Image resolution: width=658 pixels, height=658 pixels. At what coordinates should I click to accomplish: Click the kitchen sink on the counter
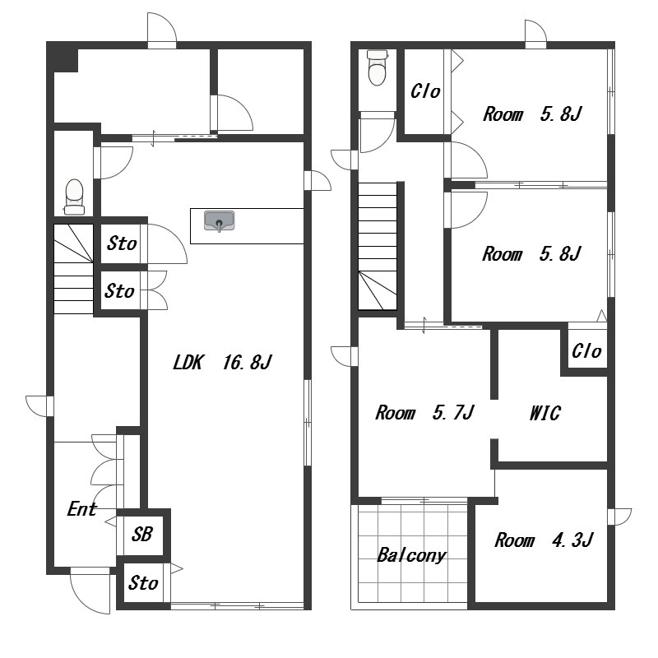(219, 220)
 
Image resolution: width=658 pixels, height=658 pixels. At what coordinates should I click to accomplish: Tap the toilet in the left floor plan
(75, 197)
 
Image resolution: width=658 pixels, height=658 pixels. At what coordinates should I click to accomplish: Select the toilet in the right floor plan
(377, 67)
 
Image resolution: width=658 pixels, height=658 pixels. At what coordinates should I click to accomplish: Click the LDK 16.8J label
(222, 362)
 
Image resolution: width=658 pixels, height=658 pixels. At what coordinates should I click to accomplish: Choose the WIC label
(544, 413)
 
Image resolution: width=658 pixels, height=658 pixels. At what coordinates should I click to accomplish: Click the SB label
(141, 534)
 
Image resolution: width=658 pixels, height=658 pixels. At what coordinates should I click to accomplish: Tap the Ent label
(82, 509)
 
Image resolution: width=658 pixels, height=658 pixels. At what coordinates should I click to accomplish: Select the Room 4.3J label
(544, 540)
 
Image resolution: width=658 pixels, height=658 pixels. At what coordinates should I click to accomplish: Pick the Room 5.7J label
(424, 413)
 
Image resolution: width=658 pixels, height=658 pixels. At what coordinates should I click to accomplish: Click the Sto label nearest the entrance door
(143, 583)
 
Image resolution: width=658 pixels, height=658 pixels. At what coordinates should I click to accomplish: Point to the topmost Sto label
(122, 243)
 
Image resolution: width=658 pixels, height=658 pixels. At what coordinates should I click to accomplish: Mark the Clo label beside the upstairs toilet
(425, 91)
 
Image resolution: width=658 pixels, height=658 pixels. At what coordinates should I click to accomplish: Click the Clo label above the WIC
(586, 351)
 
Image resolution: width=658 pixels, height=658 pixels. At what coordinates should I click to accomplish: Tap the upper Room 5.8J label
(532, 114)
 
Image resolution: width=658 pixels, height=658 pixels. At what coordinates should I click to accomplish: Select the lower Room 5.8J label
(531, 254)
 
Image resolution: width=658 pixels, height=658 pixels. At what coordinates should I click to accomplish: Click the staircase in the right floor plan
(378, 246)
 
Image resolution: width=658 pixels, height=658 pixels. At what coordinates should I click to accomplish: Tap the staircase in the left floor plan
(73, 269)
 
